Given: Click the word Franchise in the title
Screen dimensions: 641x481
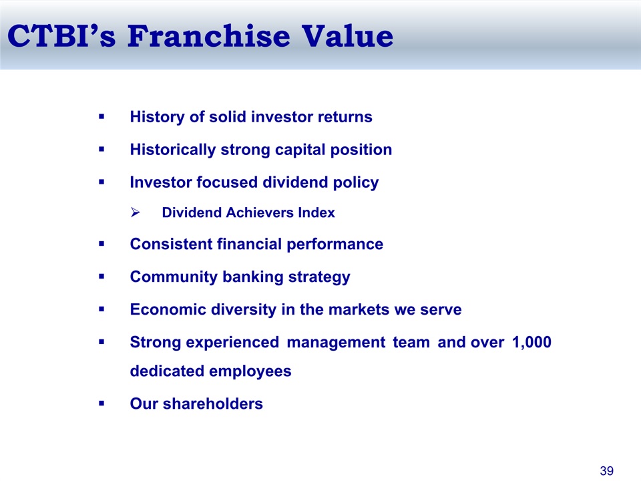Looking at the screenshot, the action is [x=209, y=36].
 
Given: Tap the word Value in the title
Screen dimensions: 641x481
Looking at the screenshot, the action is [x=347, y=36].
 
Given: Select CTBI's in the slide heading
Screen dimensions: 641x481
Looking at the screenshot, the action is [x=61, y=36].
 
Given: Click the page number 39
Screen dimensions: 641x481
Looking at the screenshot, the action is [x=607, y=471].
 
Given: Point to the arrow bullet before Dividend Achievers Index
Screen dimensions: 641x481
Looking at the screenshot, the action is [x=136, y=212].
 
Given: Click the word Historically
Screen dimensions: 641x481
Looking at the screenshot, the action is [x=172, y=150].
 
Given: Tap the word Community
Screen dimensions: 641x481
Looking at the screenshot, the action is [x=174, y=277].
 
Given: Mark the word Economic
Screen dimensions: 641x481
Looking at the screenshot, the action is [x=168, y=309].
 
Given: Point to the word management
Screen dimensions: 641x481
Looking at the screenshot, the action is [x=336, y=343].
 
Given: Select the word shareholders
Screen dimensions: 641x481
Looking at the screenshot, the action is [x=212, y=404].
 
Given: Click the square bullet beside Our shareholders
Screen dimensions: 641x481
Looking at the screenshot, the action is [x=101, y=404].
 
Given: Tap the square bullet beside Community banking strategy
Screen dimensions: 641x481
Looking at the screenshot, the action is [x=101, y=277].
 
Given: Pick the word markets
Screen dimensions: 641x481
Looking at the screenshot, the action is [x=359, y=309].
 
